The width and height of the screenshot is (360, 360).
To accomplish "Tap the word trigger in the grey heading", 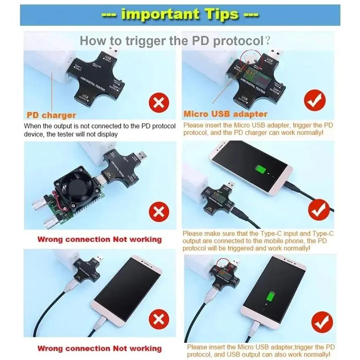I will tap(147, 40).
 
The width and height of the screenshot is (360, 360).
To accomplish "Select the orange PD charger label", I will tap(51, 115).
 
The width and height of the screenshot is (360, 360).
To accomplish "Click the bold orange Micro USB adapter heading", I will tap(225, 114).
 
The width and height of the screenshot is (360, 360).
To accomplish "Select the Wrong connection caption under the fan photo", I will tap(100, 240).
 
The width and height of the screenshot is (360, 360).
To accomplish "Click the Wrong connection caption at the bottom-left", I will tap(100, 348).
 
